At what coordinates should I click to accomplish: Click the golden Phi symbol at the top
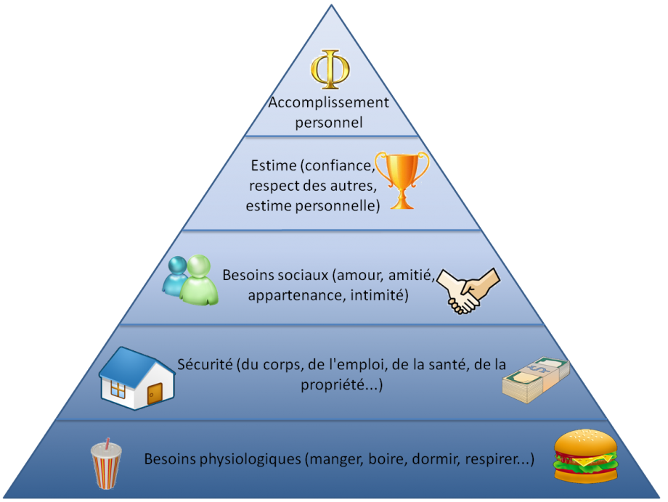pyautogui.click(x=330, y=69)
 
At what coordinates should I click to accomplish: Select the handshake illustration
pyautogui.click(x=468, y=292)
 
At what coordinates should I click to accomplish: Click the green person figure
pyautogui.click(x=199, y=281)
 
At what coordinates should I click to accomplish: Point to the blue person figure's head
pyautogui.click(x=178, y=266)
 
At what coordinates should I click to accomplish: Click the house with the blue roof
pyautogui.click(x=137, y=378)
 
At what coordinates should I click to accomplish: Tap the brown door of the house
pyautogui.click(x=155, y=393)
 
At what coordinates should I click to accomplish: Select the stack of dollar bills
pyautogui.click(x=536, y=380)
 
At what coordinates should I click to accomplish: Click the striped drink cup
pyautogui.click(x=106, y=464)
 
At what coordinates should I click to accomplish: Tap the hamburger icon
pyautogui.click(x=586, y=456)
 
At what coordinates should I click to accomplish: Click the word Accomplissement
pyautogui.click(x=328, y=102)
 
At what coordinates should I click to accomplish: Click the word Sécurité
pyautogui.click(x=205, y=364)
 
